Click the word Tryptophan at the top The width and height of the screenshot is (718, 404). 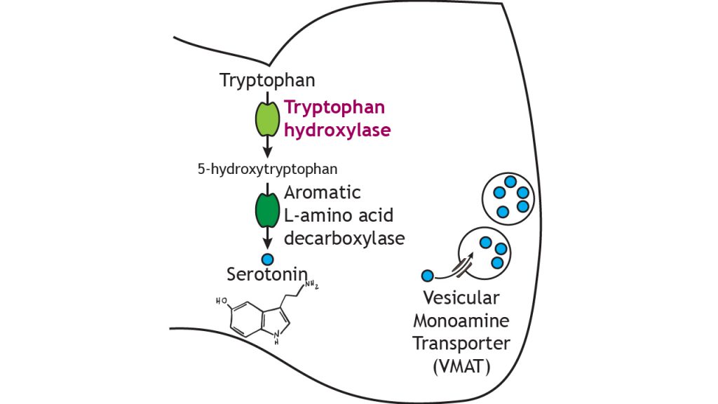[x=263, y=81]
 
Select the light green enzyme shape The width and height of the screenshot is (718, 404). [x=267, y=119]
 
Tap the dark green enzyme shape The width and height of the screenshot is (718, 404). [x=267, y=210]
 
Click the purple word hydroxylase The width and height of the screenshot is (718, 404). [x=336, y=130]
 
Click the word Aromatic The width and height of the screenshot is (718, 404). [x=323, y=191]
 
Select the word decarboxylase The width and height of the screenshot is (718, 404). [x=344, y=238]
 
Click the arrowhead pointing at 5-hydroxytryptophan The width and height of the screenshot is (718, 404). [x=267, y=153]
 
